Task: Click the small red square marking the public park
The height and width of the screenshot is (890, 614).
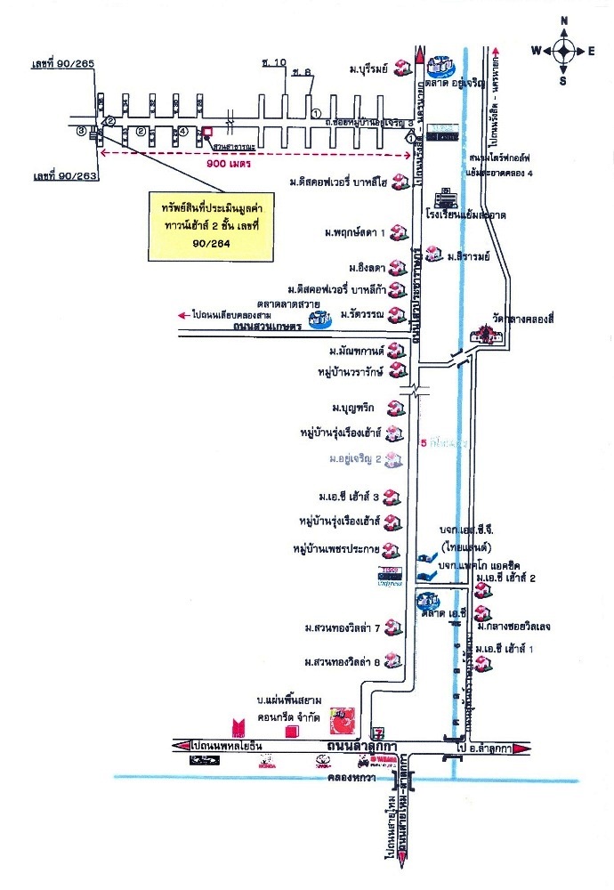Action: [x=207, y=132]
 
